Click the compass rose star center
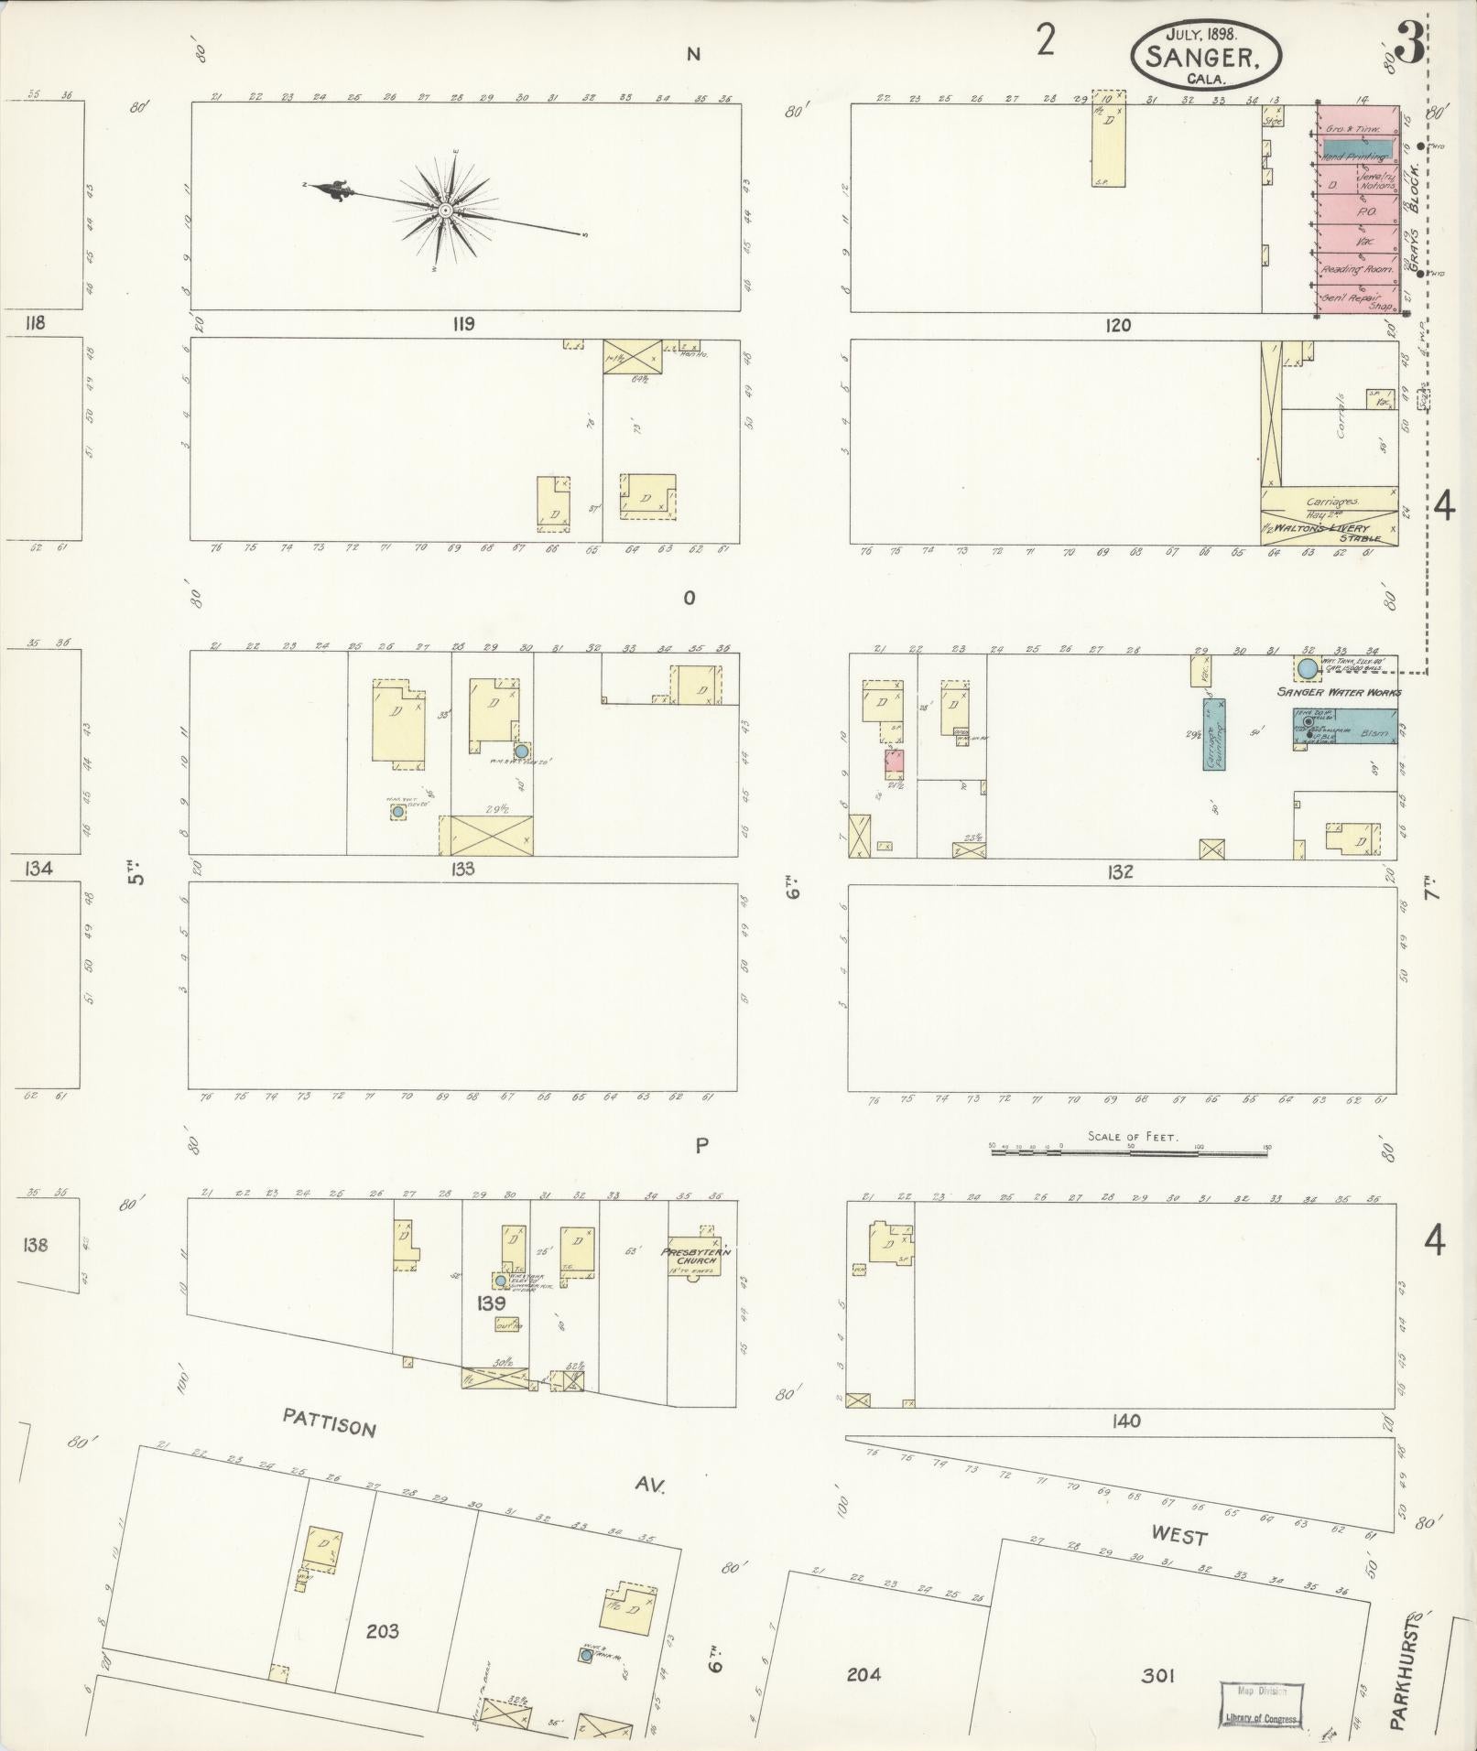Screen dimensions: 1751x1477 point(445,211)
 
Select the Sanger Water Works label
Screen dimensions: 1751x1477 point(1339,693)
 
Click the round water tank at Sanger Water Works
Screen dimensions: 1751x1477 point(1307,668)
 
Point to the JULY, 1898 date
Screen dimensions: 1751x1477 point(1201,33)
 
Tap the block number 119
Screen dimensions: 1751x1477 point(463,324)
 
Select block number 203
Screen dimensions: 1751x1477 point(382,1631)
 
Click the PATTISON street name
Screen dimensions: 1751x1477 point(329,1450)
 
